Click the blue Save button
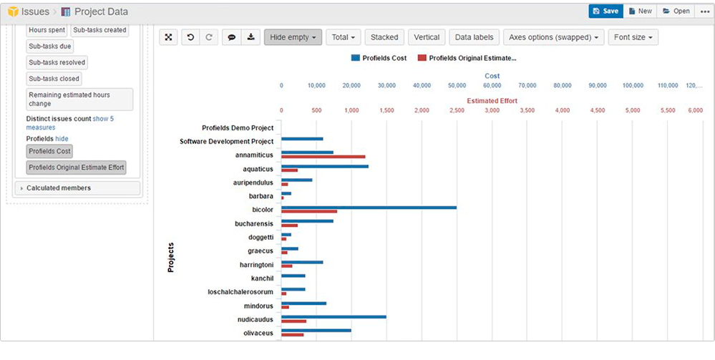tap(605, 11)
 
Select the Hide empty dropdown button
tap(293, 37)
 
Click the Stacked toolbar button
tap(384, 37)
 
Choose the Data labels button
tap(474, 37)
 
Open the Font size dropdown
tap(633, 37)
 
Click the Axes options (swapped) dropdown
tap(553, 37)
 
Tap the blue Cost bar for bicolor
tap(369, 208)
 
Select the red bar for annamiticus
tap(323, 157)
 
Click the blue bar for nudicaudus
tap(334, 316)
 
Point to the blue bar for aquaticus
tap(324, 166)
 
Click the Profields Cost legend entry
tap(379, 58)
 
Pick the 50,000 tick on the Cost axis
tap(456, 85)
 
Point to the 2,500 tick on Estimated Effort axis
tap(456, 111)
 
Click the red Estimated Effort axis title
tap(492, 101)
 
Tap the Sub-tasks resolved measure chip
tap(57, 62)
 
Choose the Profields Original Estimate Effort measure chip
tap(76, 167)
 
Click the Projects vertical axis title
tap(170, 258)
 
